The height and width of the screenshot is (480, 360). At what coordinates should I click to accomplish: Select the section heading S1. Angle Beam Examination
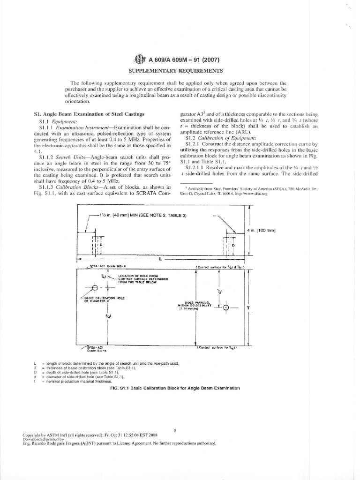(89, 114)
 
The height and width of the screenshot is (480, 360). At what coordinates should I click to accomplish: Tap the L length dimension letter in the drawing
(160, 258)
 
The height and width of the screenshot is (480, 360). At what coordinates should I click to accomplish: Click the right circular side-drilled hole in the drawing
(226, 307)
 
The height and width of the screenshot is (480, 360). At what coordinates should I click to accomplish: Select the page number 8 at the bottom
(174, 429)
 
